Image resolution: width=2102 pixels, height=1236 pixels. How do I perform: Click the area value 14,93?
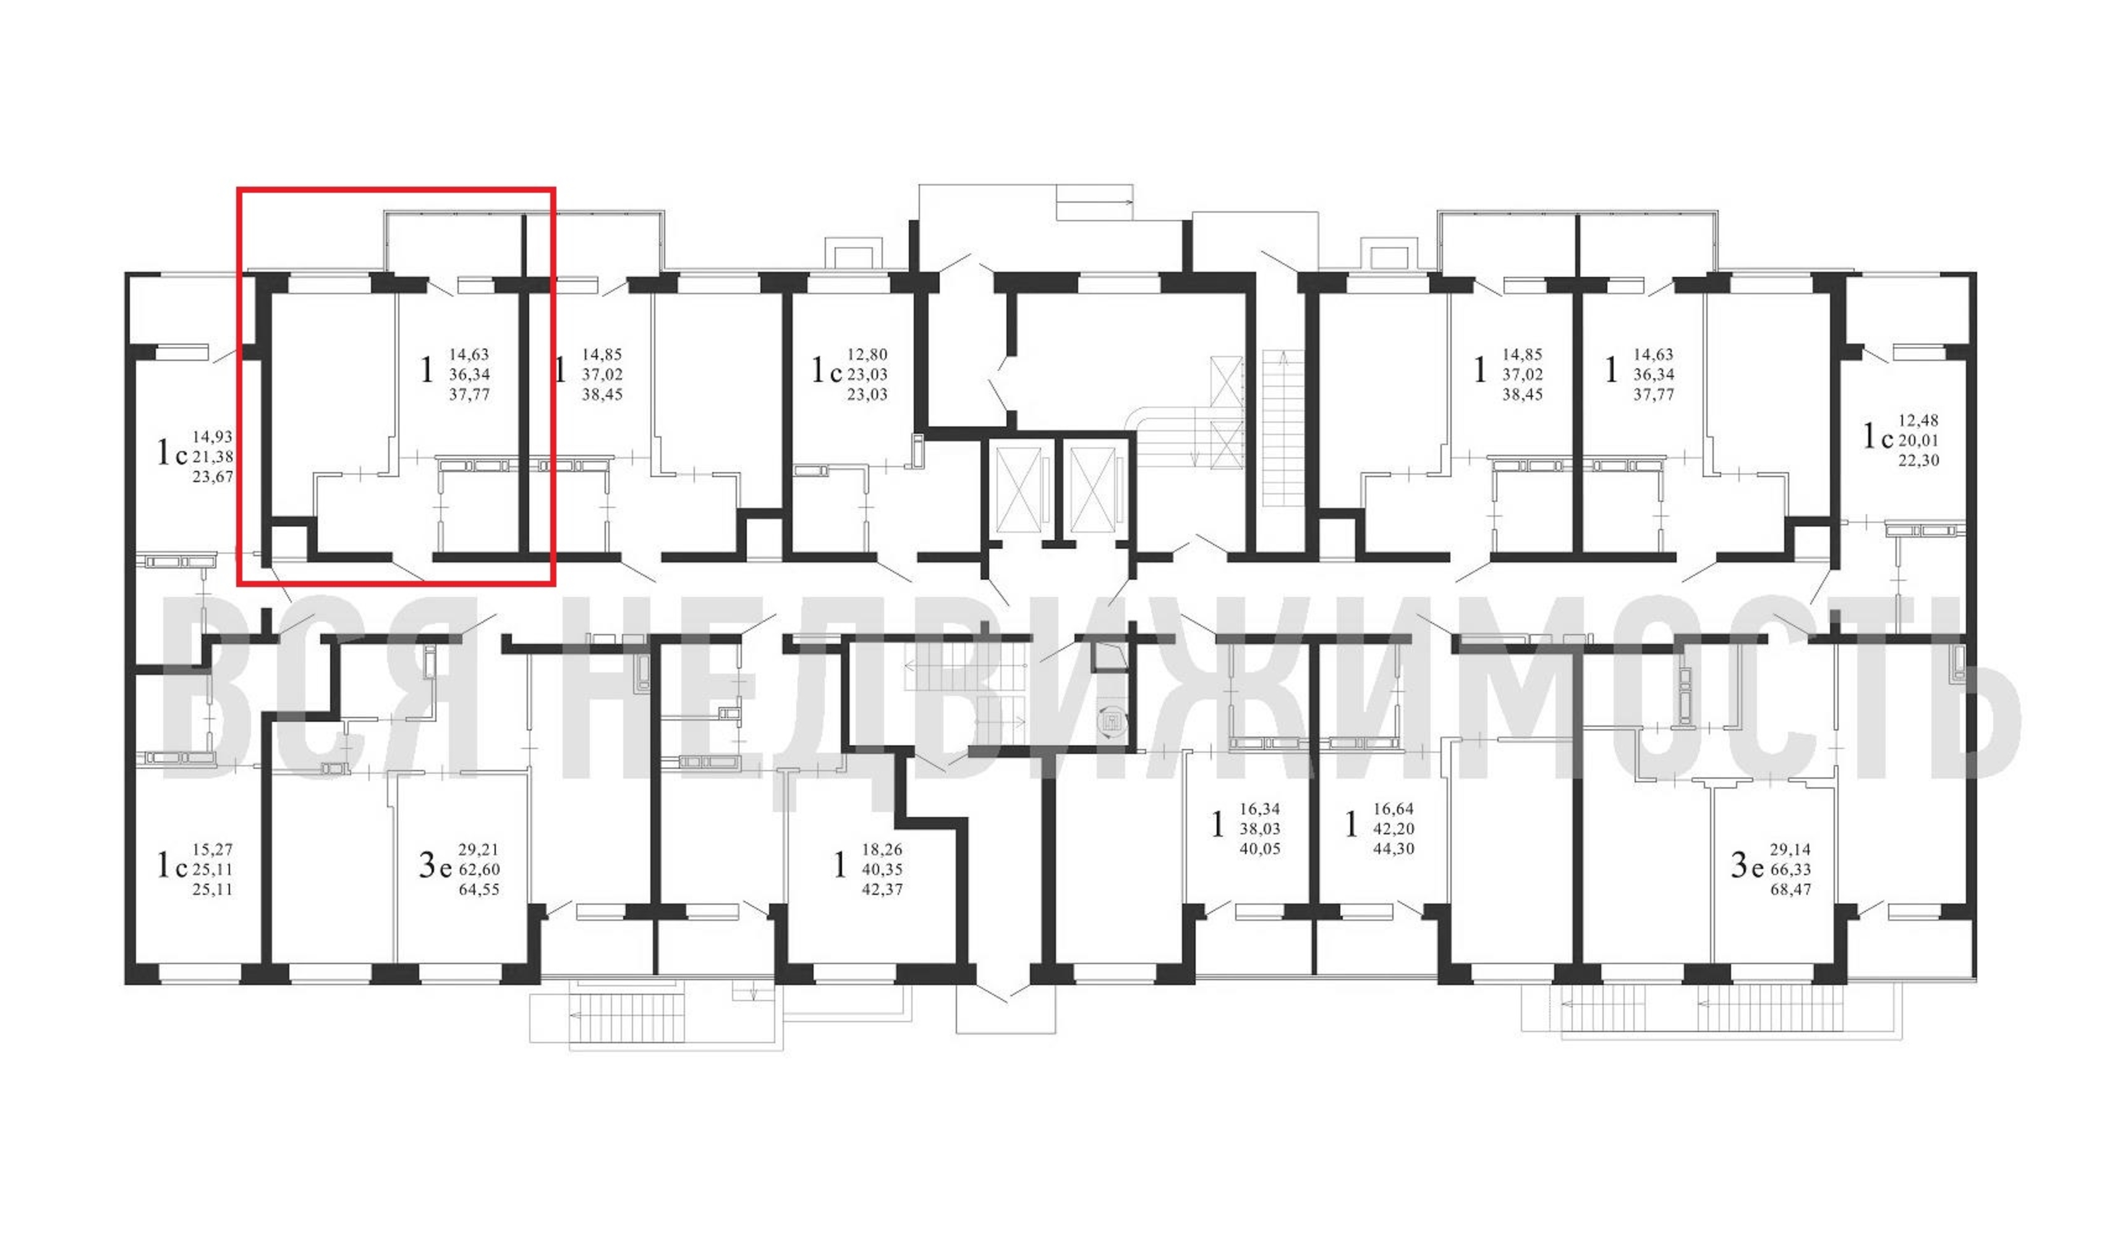point(213,437)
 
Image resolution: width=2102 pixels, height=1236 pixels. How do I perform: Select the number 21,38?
point(213,457)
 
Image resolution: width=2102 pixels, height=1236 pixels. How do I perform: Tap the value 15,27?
point(213,849)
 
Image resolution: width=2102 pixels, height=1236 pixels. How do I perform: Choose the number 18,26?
point(882,849)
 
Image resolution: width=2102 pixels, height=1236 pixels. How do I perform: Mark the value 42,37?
point(882,889)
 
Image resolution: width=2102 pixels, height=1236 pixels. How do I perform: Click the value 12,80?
point(867,355)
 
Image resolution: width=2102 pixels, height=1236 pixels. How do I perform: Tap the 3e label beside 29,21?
point(435,866)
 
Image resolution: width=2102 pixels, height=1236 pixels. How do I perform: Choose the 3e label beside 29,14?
point(1747,866)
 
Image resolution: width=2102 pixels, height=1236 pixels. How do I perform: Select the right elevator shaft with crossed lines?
point(1092,489)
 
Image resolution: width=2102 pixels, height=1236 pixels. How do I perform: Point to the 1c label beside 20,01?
point(1878,436)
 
